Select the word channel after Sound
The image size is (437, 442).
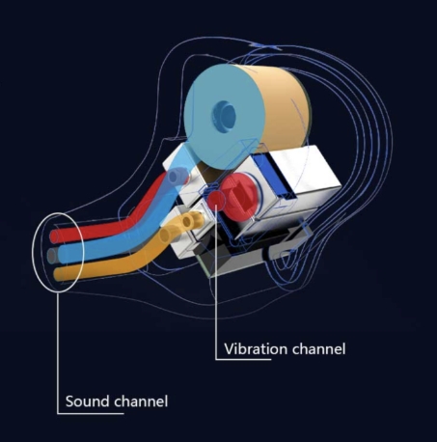click(x=141, y=401)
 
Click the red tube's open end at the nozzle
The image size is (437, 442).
click(x=55, y=236)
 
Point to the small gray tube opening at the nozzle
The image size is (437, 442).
click(x=52, y=256)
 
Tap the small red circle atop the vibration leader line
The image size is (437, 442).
click(x=215, y=200)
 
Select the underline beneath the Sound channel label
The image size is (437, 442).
click(x=91, y=413)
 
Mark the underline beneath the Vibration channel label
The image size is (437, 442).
click(x=243, y=359)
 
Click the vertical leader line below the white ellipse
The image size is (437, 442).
click(x=58, y=352)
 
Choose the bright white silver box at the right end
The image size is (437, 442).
click(x=304, y=176)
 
